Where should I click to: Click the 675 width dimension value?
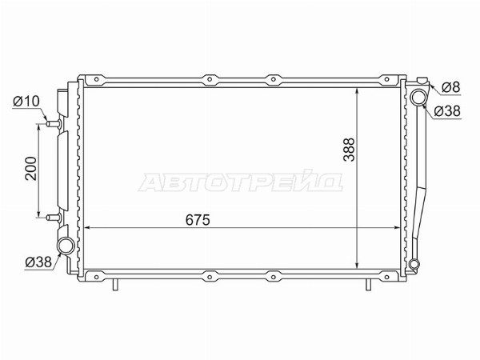198,220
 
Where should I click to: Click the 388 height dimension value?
349,150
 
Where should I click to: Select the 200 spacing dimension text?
30,168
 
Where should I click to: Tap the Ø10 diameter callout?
26,101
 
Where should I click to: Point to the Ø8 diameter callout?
451,88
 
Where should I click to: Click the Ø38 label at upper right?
447,111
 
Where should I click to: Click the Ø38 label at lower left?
38,262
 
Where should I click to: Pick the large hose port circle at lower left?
66,246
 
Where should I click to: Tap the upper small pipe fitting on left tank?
54,124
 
